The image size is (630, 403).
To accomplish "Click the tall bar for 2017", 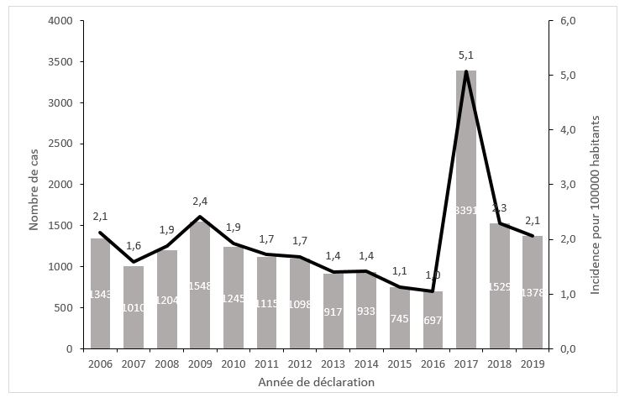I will pos(466,210).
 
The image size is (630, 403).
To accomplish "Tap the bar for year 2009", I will pos(200,285).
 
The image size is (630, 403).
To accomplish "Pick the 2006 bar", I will pos(101,294).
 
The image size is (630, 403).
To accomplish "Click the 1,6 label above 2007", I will pos(134,245).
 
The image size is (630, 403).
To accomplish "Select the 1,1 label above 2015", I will pos(400,270).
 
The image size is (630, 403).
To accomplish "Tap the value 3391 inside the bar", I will pos(466,210).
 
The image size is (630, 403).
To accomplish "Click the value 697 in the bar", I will pos(433,320).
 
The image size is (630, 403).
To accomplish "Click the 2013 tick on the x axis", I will pos(333,364).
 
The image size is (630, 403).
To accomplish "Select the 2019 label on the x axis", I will pos(533,364).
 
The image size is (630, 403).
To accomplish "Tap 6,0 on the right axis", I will pos(567,21).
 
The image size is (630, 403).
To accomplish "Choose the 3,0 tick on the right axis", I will pos(567,185).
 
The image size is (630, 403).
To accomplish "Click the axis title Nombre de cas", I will pos(34,184).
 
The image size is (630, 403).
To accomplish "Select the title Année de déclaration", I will pos(317,382).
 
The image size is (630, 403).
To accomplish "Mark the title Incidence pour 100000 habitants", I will pos(595,184).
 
